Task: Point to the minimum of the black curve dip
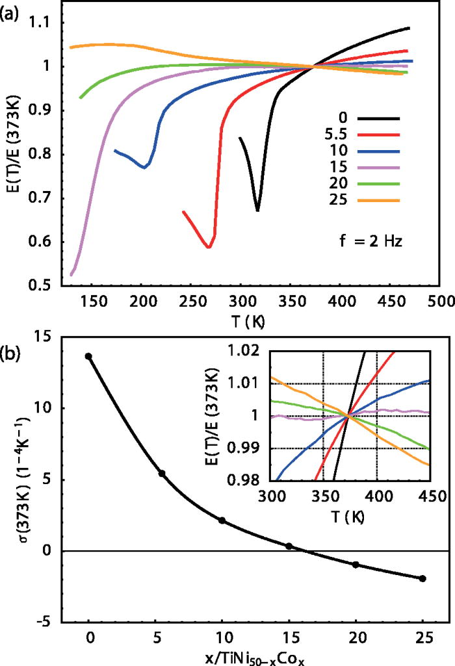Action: pos(257,210)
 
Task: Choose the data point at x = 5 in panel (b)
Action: pos(162,473)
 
